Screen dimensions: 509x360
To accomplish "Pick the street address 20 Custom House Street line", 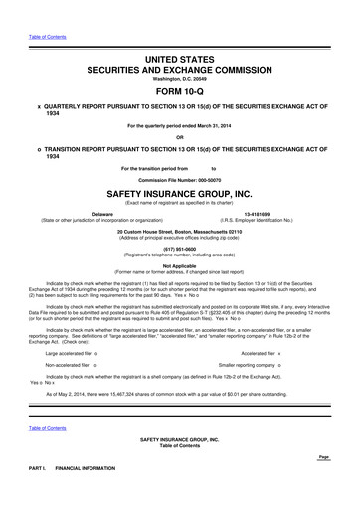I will point(180,230).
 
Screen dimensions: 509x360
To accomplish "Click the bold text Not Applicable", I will point(180,266).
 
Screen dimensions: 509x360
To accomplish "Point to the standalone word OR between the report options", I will point(180,136).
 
